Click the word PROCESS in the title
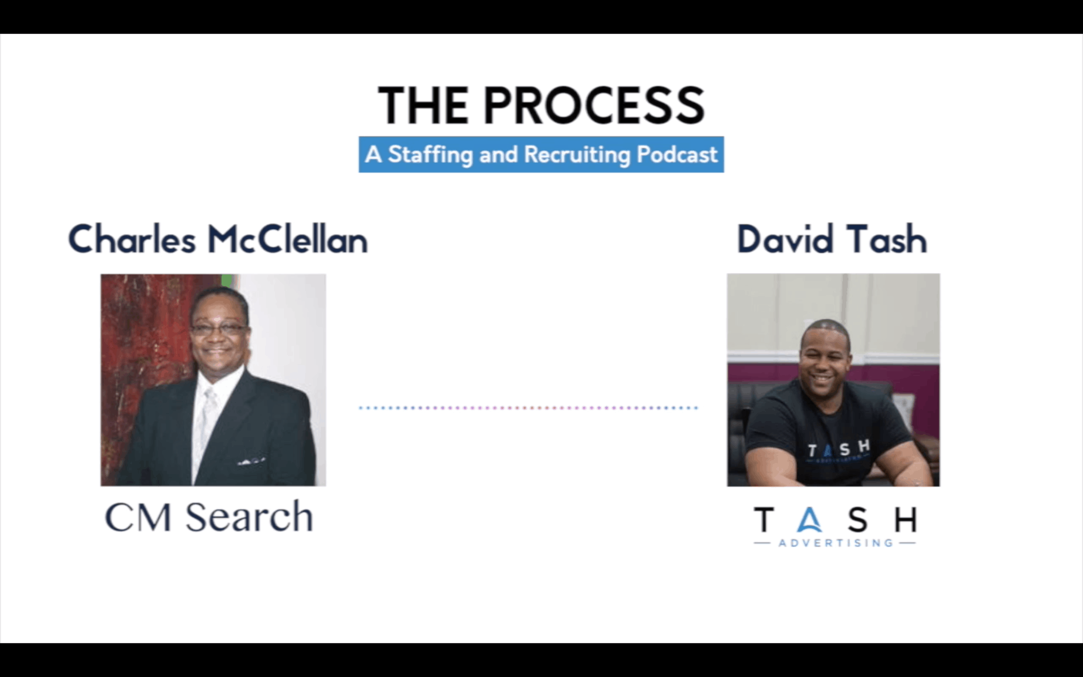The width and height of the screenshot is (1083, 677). point(594,105)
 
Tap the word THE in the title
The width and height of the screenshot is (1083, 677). point(424,105)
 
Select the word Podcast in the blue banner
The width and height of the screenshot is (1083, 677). point(677,154)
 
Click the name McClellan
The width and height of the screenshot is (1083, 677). point(288,240)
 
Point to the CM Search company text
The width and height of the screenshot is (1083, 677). point(209,517)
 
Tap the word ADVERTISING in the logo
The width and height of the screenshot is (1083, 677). point(836,543)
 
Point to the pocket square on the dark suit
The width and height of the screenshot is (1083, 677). point(251,461)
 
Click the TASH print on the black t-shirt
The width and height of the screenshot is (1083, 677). point(839,450)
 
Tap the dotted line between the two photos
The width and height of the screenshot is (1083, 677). point(529,408)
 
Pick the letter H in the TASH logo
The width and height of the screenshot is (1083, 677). point(905,519)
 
